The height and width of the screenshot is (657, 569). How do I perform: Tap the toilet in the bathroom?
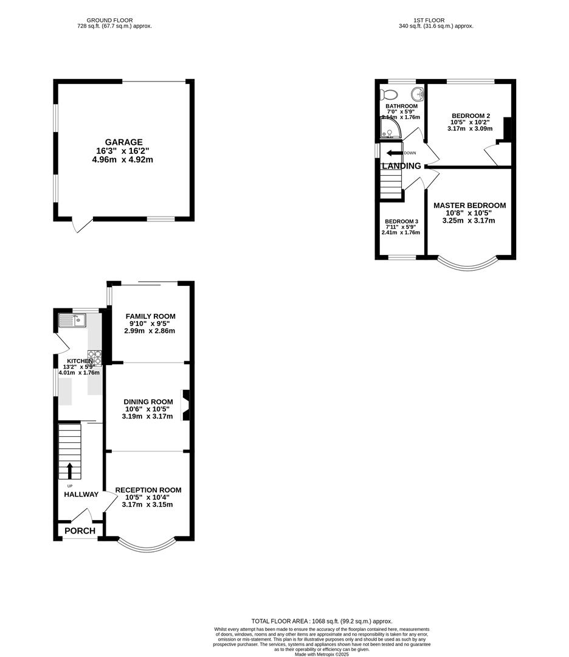click(388, 94)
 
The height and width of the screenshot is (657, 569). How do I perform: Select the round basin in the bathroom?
click(417, 94)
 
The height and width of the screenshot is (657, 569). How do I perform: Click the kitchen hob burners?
click(94, 358)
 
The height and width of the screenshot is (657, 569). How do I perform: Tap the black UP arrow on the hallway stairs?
click(69, 470)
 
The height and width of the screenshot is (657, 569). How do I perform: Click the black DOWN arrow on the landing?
click(394, 153)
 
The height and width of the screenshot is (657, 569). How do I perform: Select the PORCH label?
click(80, 531)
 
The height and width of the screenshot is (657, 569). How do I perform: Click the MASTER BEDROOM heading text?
click(469, 206)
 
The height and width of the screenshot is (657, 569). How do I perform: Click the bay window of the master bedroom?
click(467, 265)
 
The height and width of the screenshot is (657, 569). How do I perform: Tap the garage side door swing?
click(81, 225)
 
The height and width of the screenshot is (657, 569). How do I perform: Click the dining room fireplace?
click(187, 405)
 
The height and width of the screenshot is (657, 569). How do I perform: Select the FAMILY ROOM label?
click(150, 316)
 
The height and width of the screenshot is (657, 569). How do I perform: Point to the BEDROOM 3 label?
click(401, 221)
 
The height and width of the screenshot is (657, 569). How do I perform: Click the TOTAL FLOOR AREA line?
click(322, 621)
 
